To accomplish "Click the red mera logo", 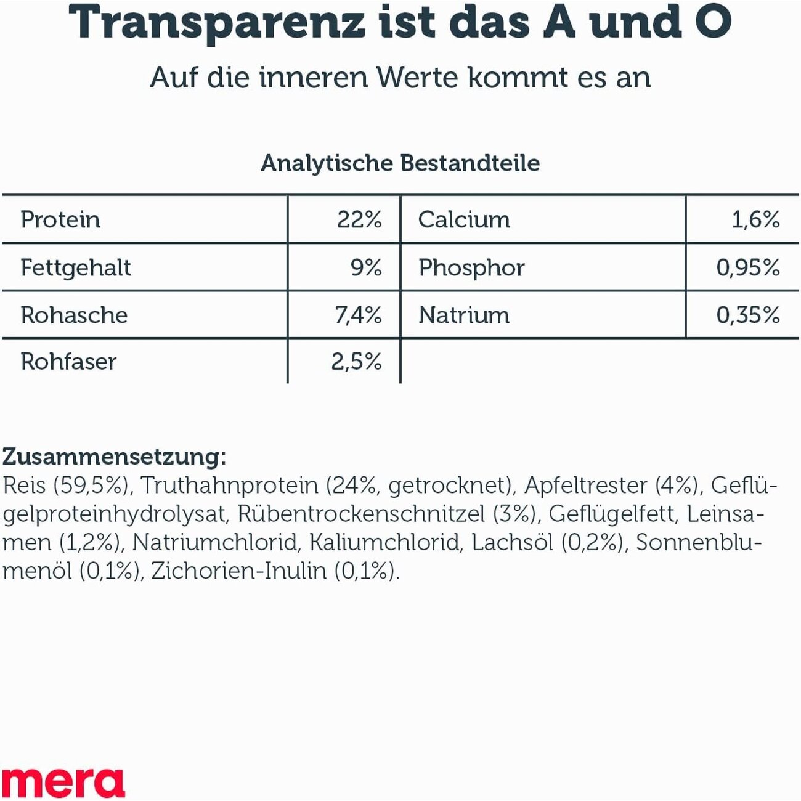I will pos(63,783).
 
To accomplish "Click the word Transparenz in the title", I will pos(217,23).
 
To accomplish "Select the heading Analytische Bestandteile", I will pos(400,163).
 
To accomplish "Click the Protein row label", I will pos(60,220).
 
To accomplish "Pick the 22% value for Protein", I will pos(359,220).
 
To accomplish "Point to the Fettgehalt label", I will pos(76,268).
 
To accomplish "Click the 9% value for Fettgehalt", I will pos(366,268).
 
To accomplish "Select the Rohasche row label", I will pos(74,315).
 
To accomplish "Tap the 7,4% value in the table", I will pos(358,315).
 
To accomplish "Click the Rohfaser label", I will pos(68,362).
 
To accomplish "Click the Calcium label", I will pos(464,220).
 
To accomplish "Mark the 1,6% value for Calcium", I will pos(755,220).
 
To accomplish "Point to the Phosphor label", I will pos(471,268).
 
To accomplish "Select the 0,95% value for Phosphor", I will pos(748,268).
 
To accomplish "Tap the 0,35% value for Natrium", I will pos(748,315).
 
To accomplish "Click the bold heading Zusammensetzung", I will pos(114,457).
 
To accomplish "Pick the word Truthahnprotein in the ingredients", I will pos(229,486).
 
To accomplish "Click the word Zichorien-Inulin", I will pos(238,571).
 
